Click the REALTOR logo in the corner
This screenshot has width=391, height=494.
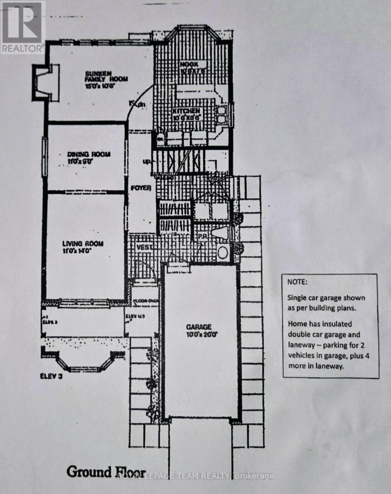22,27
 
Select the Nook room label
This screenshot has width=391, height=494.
189,64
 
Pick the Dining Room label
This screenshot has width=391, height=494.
89,154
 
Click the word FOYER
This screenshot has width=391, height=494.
140,188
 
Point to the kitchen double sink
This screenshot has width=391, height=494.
222,114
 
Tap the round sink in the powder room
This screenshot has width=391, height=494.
223,252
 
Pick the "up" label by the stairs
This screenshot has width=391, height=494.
146,161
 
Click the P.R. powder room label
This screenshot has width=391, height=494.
202,237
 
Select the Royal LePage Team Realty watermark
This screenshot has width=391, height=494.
195,476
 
